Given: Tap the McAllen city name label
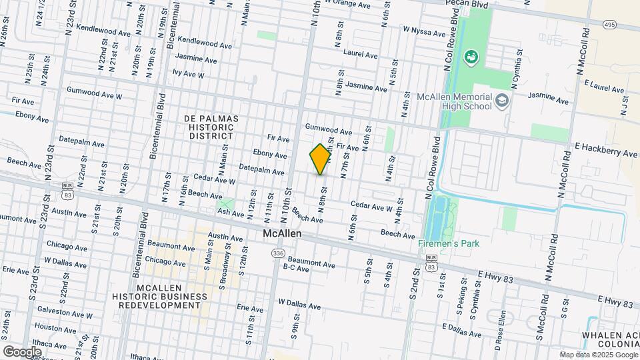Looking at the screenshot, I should (282, 234).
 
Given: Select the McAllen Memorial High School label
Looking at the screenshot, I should (454, 102).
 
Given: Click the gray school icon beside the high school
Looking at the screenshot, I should (502, 101).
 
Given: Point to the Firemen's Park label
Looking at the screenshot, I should (448, 243).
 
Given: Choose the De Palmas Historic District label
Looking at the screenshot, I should (211, 127).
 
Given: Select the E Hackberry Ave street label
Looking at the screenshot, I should (605, 153).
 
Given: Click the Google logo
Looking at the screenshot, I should (22, 351).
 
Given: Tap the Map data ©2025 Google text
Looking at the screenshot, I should (598, 355).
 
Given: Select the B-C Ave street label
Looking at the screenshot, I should (296, 268).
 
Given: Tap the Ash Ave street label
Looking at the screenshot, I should (231, 213).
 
